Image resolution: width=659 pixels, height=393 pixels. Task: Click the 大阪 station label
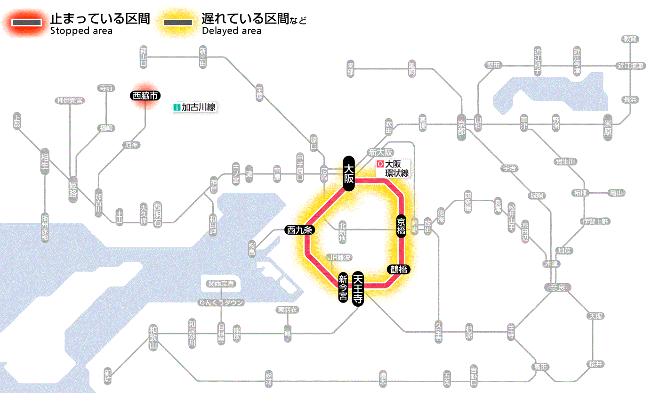point(348,173)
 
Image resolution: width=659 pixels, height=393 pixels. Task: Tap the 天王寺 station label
point(359,289)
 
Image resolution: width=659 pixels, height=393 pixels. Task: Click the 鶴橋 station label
point(399,270)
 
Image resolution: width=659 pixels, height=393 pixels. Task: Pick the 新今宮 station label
point(344,288)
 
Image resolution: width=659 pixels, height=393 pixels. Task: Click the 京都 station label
point(461,125)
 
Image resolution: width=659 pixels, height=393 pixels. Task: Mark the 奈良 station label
point(557,287)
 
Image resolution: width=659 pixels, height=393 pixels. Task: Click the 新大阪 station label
point(380,152)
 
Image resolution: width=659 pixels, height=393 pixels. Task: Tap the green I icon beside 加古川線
point(177,107)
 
